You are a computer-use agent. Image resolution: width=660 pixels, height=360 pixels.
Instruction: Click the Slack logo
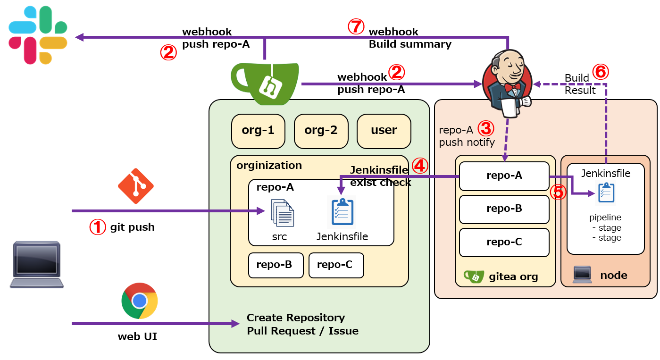(38, 35)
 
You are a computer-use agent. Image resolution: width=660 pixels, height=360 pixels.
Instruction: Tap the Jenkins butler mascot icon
(508, 82)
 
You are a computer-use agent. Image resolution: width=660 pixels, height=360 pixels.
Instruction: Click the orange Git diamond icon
(136, 186)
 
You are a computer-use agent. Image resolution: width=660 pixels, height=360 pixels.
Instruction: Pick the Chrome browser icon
(139, 301)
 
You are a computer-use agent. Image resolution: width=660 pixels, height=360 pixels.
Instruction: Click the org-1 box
(258, 131)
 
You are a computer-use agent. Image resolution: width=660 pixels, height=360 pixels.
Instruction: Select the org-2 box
(321, 131)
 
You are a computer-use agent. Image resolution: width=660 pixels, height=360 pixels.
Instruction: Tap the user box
(384, 131)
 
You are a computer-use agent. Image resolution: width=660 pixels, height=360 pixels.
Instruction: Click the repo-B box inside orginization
(274, 265)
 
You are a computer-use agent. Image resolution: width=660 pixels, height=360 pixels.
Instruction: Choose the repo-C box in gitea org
(504, 243)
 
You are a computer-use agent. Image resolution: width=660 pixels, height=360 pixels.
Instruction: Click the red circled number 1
(98, 227)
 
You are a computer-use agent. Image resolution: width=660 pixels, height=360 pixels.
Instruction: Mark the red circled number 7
(356, 26)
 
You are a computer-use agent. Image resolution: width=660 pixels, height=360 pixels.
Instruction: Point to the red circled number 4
(420, 166)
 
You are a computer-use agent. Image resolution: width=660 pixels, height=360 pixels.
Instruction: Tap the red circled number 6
(601, 71)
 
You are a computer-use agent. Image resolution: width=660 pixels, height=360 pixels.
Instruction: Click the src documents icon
(282, 213)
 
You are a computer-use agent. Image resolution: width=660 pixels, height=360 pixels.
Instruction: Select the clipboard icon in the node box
(605, 193)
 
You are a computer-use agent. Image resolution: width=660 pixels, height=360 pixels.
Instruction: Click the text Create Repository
(295, 318)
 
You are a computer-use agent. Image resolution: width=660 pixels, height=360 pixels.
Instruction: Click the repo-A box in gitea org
(504, 176)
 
